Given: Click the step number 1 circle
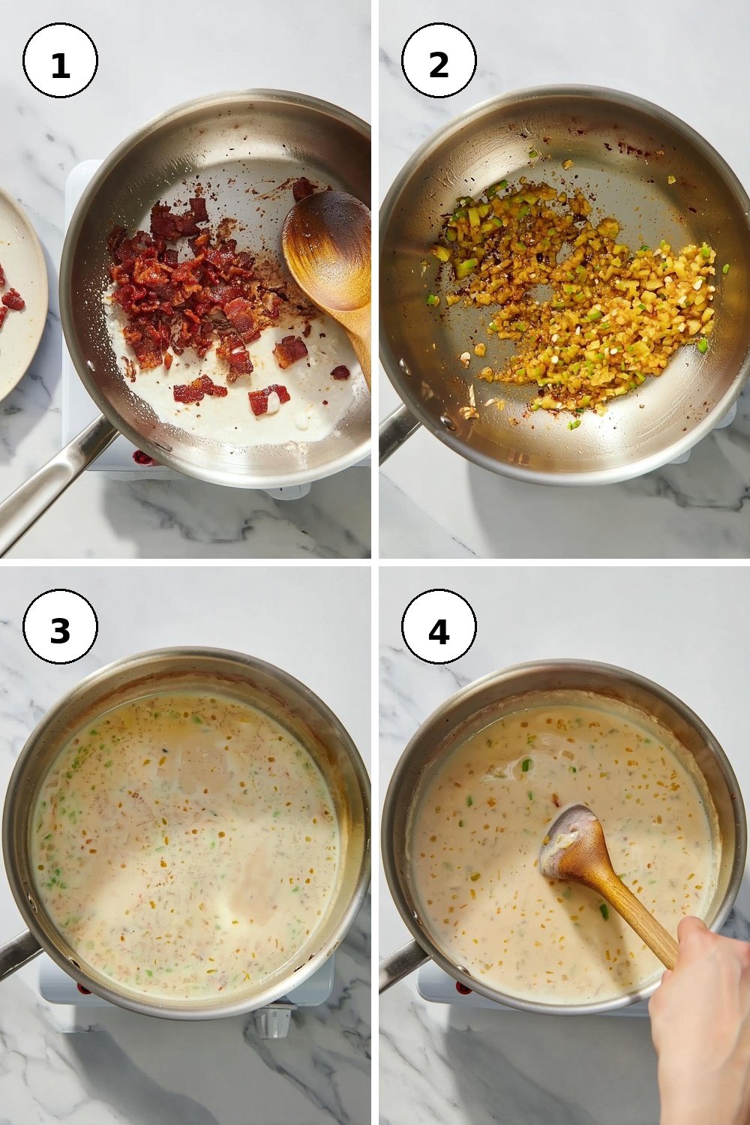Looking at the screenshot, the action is (x=60, y=60).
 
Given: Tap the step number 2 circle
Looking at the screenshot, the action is (x=439, y=60).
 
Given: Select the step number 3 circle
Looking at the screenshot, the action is (x=60, y=626).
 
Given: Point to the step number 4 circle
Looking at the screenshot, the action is (x=439, y=626).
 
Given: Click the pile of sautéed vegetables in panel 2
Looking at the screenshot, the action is (x=577, y=301).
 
